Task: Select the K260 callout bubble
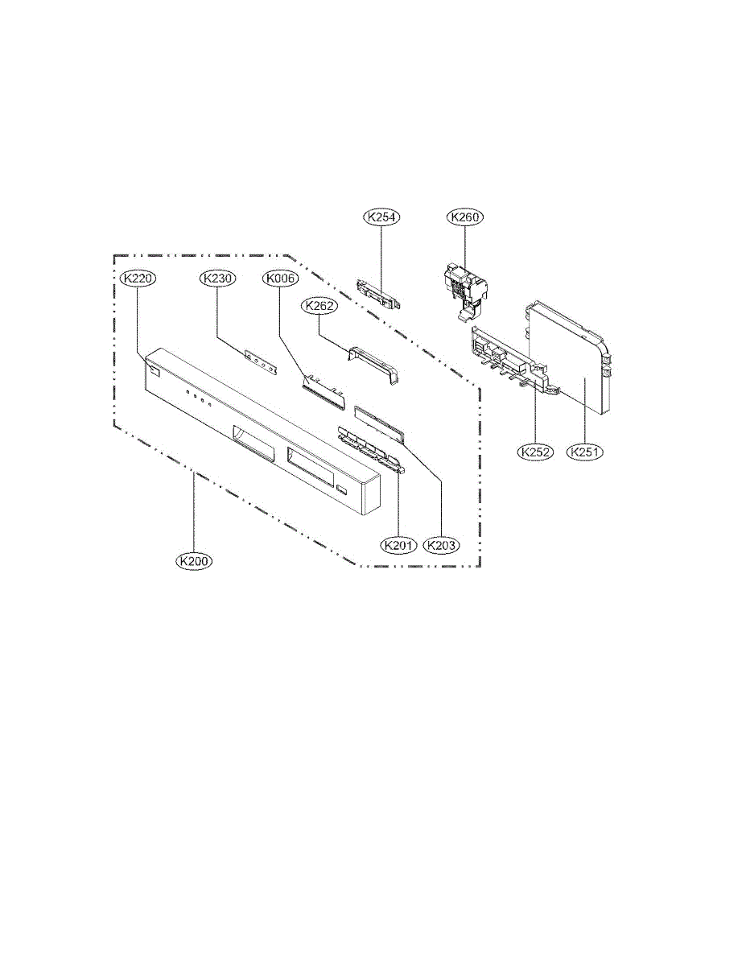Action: click(x=465, y=217)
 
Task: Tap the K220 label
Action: click(x=138, y=279)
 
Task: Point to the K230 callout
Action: click(x=217, y=279)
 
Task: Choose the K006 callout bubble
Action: click(x=280, y=279)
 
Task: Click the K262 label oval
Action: click(x=318, y=306)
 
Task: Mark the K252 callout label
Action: click(x=534, y=452)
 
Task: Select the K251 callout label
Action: click(x=585, y=452)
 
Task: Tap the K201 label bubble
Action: click(x=399, y=546)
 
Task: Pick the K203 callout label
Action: click(x=442, y=546)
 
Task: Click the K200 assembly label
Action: click(x=195, y=559)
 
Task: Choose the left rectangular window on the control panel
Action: click(x=253, y=440)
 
